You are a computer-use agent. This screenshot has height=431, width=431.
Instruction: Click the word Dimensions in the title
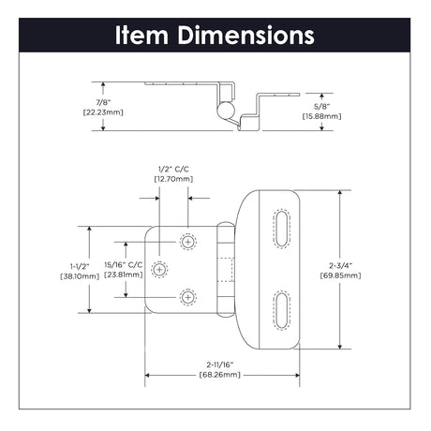(245, 35)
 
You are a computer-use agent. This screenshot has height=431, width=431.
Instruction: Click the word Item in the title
(141, 35)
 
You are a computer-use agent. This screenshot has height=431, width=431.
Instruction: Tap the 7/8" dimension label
(103, 102)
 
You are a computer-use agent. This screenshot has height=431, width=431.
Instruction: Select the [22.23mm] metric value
(103, 112)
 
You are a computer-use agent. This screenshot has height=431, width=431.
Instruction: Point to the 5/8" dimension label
(321, 106)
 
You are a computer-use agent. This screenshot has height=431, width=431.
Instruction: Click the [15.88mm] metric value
(321, 116)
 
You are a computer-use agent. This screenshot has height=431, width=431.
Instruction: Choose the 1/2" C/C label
(173, 169)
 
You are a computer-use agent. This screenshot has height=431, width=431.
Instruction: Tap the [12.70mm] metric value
(173, 179)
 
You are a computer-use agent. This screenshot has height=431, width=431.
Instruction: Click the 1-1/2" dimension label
(80, 266)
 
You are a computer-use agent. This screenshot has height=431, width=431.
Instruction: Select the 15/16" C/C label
(124, 265)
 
